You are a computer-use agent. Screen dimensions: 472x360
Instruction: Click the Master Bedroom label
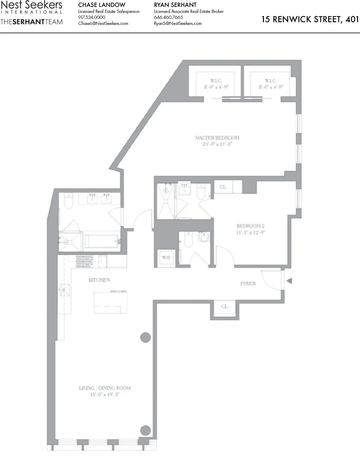(217, 138)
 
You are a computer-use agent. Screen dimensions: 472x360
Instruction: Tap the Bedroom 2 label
(250, 226)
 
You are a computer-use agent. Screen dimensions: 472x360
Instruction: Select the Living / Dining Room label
(104, 388)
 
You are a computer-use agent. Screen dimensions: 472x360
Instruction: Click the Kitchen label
(99, 280)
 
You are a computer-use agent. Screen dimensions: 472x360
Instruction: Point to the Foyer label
(248, 284)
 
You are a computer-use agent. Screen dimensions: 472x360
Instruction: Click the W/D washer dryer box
(166, 258)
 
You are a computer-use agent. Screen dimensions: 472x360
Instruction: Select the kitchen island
(110, 302)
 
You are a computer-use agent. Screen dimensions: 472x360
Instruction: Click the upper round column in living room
(146, 337)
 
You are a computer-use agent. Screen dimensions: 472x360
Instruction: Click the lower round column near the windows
(146, 430)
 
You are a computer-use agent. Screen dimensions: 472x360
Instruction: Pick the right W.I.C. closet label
(271, 81)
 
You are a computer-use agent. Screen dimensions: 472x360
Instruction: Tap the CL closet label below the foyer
(224, 306)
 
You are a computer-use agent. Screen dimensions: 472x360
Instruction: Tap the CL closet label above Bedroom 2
(223, 187)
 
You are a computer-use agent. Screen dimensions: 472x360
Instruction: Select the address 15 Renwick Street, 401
(310, 20)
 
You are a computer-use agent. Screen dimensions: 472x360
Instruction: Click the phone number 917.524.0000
(92, 17)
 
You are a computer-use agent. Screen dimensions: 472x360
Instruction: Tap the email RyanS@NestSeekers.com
(178, 23)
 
